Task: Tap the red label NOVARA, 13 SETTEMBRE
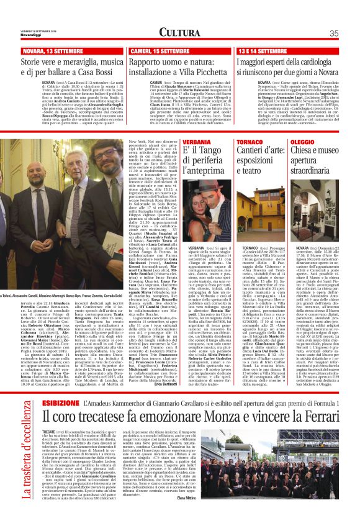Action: (x=48, y=50)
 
